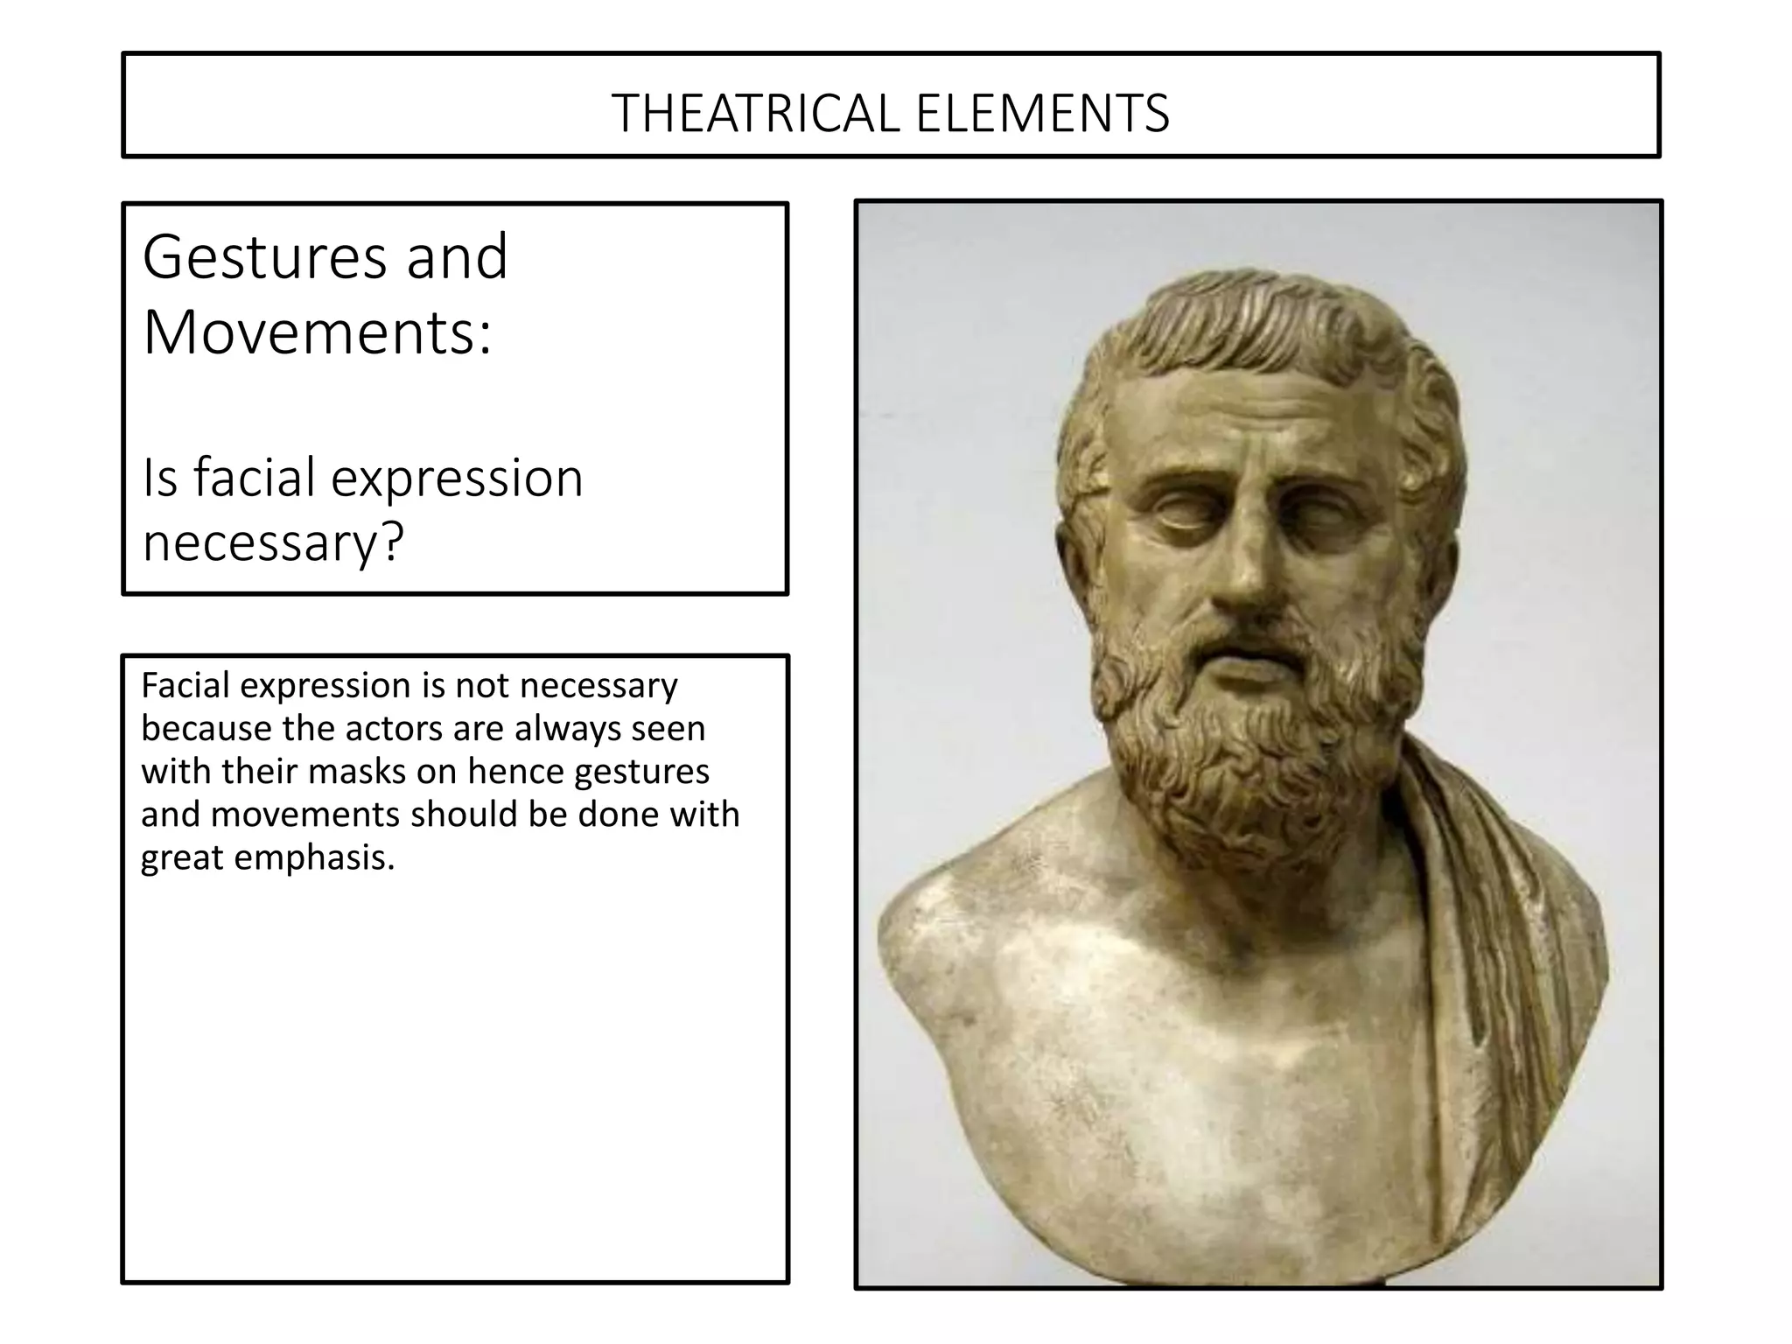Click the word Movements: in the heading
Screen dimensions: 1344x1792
point(318,333)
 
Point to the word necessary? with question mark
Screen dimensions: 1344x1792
point(273,542)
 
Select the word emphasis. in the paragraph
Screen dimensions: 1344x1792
point(315,857)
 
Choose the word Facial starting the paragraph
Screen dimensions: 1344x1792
point(185,685)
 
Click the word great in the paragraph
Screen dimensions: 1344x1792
point(182,857)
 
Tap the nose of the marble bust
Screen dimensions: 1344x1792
point(1241,569)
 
